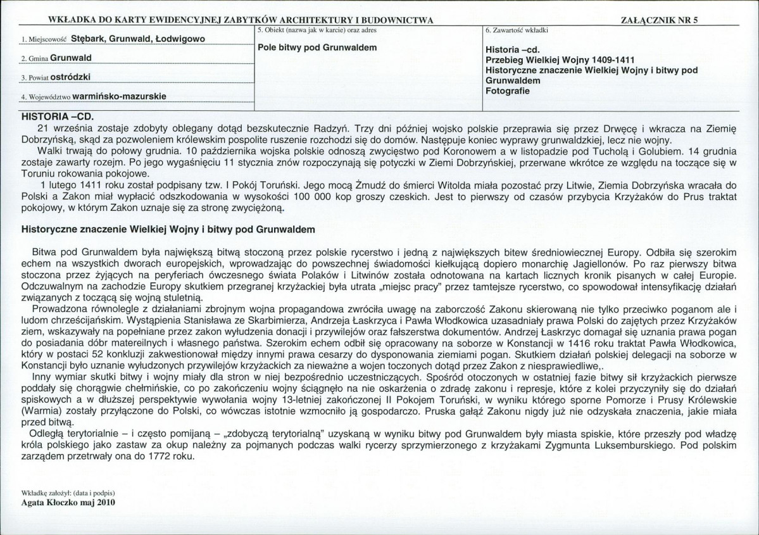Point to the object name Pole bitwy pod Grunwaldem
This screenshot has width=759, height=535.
click(318, 47)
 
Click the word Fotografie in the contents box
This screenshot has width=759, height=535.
click(508, 91)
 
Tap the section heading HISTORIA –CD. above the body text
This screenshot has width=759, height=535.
click(56, 117)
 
